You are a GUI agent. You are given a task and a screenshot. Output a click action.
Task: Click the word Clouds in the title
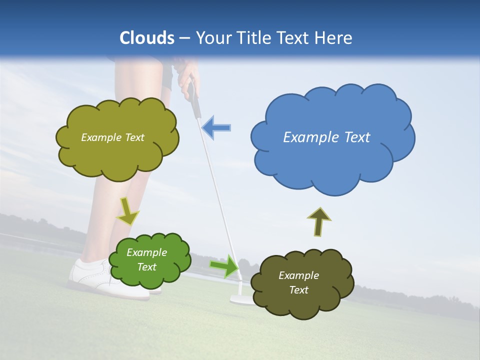147,38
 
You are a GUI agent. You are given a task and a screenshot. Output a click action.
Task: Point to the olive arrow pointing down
127,210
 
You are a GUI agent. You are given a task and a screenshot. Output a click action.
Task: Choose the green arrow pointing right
224,265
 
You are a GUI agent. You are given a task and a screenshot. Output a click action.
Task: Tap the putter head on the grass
239,299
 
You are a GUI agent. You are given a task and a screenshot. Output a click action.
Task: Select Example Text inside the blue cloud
326,137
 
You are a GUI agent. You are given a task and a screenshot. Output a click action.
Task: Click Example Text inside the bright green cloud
147,259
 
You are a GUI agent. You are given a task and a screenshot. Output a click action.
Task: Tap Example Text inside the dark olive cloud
298,282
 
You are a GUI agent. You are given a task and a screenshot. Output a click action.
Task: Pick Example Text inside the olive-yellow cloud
112,137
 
